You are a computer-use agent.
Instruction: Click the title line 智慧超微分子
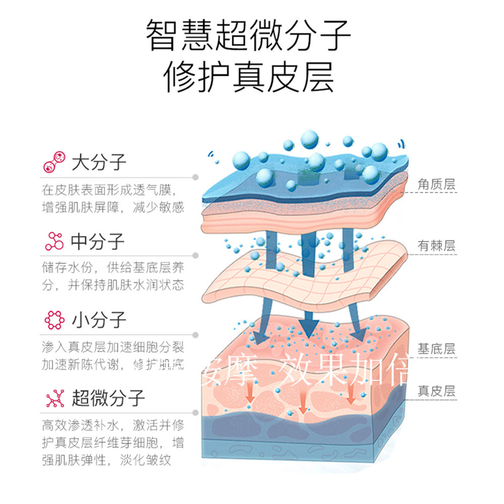click(x=248, y=36)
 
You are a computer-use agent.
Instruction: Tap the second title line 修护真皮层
click(x=248, y=77)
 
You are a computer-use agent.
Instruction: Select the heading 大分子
click(x=99, y=163)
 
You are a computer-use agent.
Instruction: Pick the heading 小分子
click(x=99, y=320)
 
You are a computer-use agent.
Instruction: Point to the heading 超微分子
click(x=108, y=399)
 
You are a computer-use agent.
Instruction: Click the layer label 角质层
click(x=436, y=185)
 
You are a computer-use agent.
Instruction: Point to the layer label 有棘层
click(x=436, y=246)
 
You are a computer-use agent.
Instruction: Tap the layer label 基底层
click(x=436, y=348)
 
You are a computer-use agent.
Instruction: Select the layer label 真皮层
click(x=436, y=391)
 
